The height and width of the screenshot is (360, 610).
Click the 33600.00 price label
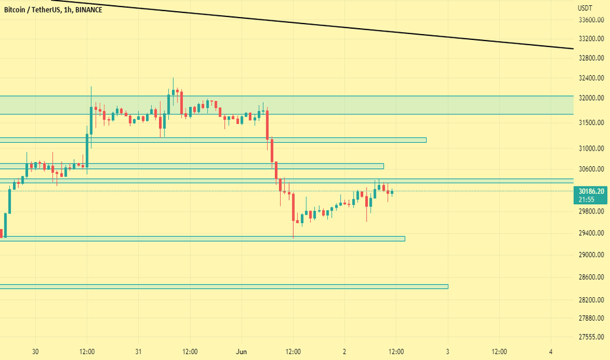click(590, 20)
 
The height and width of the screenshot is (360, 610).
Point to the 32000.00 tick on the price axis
click(590, 98)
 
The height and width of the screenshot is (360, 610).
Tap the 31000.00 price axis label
click(590, 149)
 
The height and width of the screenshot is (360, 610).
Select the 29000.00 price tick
click(590, 255)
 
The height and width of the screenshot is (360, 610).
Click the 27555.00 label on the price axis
click(590, 338)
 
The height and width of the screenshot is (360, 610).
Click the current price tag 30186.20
click(590, 190)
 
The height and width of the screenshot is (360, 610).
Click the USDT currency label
click(585, 8)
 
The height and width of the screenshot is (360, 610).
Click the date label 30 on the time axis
click(35, 351)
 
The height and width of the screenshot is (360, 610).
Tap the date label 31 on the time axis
click(139, 351)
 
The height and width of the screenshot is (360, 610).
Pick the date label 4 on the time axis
click(550, 351)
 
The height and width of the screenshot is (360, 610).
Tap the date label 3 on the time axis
click(448, 351)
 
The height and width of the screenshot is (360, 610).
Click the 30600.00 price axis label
click(590, 169)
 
